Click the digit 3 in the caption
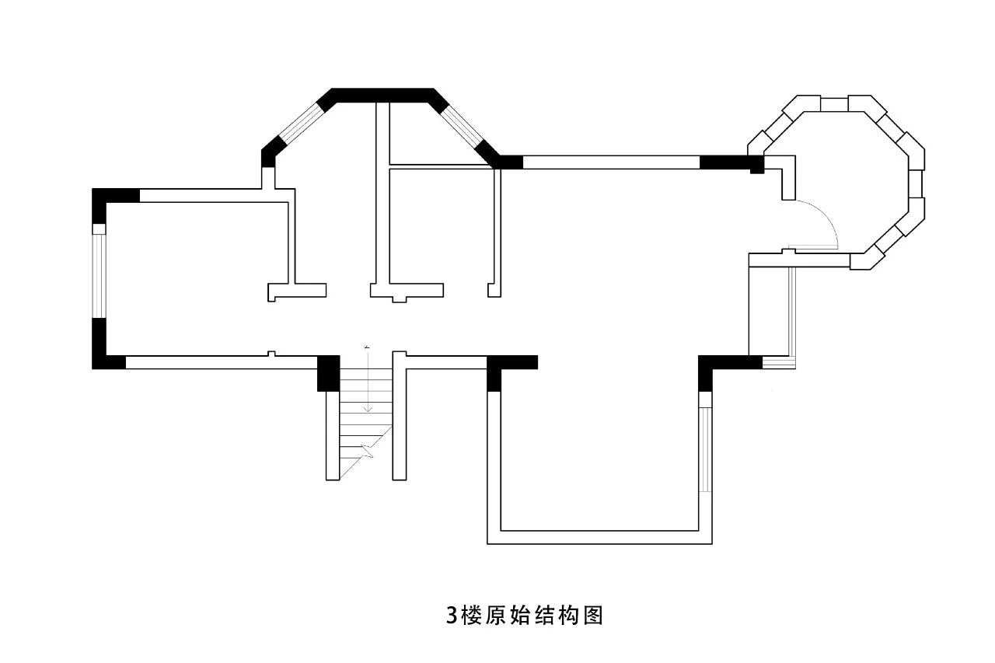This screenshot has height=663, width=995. [452, 616]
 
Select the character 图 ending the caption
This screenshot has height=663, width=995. [594, 616]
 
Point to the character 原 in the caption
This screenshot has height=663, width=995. [496, 616]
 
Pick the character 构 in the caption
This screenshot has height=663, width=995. [570, 616]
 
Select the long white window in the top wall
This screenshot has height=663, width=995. [611, 162]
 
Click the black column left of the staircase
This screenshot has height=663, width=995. [329, 374]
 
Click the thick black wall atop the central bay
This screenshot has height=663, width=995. [382, 95]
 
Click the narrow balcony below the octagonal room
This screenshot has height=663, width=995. [770, 311]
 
